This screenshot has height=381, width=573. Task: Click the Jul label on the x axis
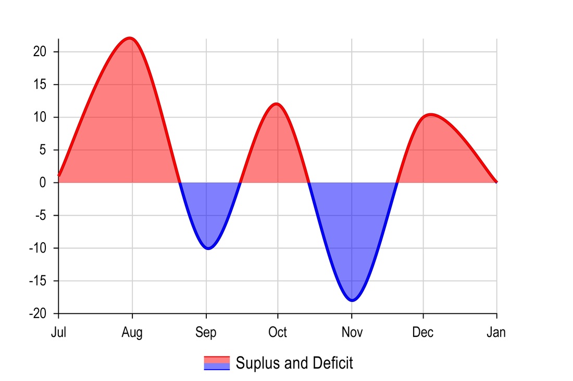58,332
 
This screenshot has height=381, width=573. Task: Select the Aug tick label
132,332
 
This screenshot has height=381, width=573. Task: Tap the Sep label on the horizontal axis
206,332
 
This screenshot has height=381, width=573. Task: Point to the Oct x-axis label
277,332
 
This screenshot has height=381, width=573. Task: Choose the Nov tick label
352,332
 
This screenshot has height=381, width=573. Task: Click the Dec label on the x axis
422,332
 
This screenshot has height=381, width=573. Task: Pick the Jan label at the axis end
496,332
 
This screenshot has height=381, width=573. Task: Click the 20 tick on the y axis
40,51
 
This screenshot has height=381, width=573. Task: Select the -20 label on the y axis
38,313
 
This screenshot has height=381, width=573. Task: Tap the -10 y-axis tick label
38,248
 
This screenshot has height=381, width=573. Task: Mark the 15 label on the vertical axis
40,84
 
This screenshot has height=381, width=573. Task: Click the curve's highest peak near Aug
130,38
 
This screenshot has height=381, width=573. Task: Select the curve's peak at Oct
276,103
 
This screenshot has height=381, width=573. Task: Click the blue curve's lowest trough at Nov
352,300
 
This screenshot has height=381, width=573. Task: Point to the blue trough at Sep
208,248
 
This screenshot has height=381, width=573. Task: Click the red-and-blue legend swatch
217,363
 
